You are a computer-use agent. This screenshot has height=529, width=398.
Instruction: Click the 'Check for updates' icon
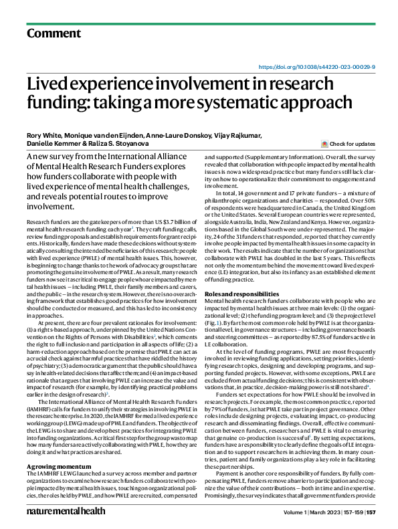324,144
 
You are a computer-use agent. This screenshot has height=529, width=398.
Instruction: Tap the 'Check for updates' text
353,144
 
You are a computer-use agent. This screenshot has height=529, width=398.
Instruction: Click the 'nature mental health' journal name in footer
66,512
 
